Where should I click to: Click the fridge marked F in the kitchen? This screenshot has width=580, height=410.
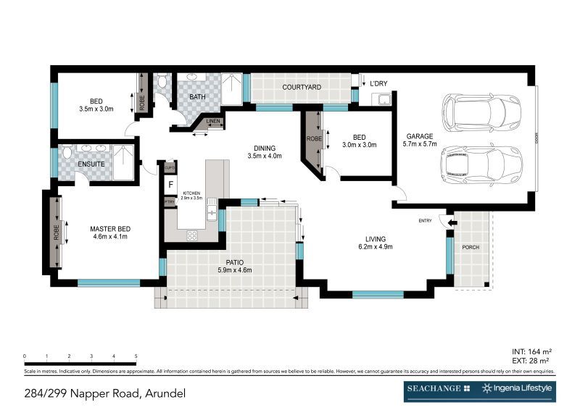tap(170, 184)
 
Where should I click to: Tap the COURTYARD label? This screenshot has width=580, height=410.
tap(302, 88)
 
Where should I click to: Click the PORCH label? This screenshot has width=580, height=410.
tap(471, 247)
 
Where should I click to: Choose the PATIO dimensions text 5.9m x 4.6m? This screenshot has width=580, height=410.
tap(234, 270)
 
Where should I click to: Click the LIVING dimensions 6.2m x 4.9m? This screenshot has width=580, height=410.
tap(375, 247)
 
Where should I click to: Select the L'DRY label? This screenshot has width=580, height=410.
tap(378, 84)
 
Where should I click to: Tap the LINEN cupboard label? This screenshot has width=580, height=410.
tap(213, 121)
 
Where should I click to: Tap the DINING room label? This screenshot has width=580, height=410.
tap(264, 147)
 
